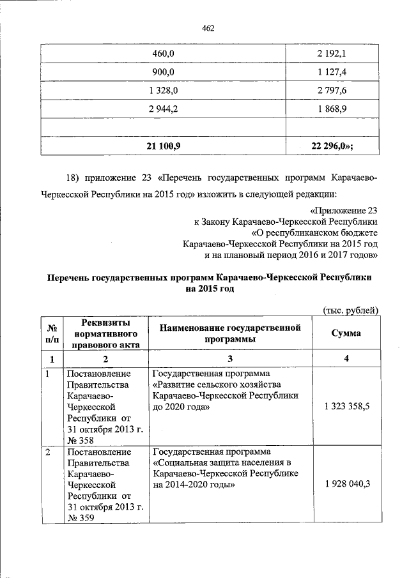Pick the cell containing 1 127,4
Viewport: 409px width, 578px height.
pos(332,72)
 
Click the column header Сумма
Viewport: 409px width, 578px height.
pos(346,333)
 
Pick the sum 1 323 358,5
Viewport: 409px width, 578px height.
pos(346,406)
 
